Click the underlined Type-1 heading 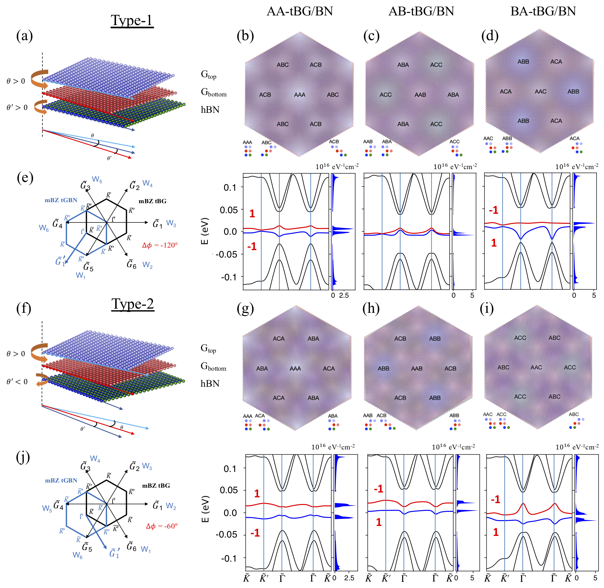click(132, 21)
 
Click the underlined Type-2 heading click(132, 304)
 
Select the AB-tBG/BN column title click(421, 11)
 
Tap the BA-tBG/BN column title click(543, 11)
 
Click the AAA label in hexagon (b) click(300, 95)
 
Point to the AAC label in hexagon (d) click(540, 92)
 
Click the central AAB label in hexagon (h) click(417, 368)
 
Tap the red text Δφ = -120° click(160, 245)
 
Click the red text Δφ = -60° click(162, 526)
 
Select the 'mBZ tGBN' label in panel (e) click(61, 200)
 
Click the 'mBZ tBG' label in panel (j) click(156, 485)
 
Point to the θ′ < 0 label click(17, 382)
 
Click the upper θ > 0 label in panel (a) click(16, 81)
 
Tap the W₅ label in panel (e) click(97, 179)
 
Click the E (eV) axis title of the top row click(205, 231)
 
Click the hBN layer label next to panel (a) click(210, 110)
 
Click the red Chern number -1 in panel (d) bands click(493, 210)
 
